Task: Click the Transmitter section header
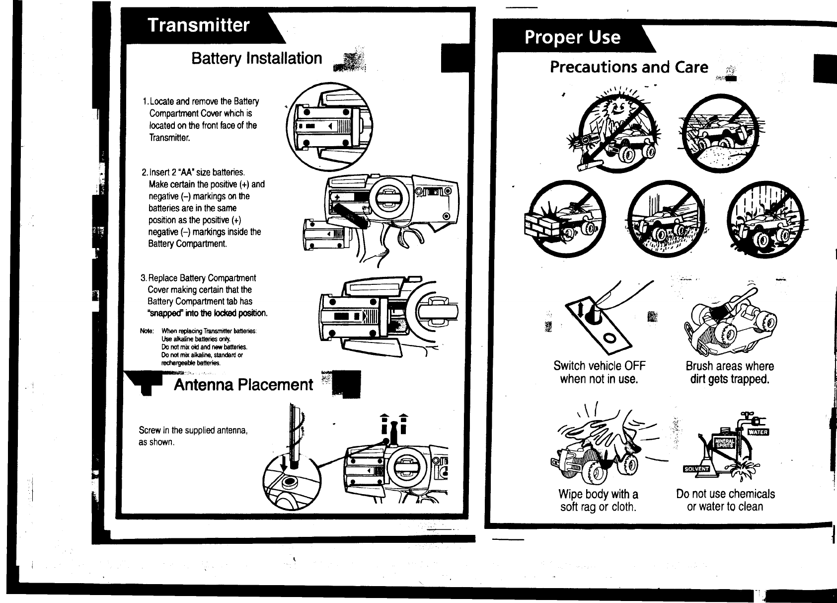(x=199, y=25)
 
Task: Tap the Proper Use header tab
(x=572, y=37)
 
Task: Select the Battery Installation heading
(x=257, y=58)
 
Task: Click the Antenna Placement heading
(x=243, y=385)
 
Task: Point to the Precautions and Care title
(x=629, y=67)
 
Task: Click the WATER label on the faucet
(x=758, y=431)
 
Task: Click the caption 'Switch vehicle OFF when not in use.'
(x=599, y=373)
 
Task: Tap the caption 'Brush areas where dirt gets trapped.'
(x=730, y=373)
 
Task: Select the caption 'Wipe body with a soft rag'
(x=598, y=501)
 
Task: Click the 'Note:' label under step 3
(x=147, y=331)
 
